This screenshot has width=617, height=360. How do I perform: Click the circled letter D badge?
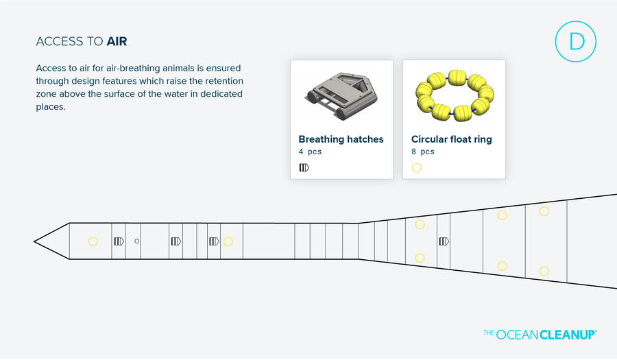575,42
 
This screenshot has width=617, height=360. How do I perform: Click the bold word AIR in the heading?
117,42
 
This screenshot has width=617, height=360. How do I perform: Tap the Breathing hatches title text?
341,139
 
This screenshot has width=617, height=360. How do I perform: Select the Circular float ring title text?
451,139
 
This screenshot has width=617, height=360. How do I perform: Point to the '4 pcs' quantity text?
310,152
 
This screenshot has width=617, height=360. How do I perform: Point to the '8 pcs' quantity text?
422,152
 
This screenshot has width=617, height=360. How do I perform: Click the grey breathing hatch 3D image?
341,95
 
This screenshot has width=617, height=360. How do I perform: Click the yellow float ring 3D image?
453,95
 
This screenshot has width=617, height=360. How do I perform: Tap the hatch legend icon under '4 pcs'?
304,167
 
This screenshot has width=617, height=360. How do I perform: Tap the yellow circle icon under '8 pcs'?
416,167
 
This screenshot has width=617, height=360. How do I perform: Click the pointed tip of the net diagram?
36,241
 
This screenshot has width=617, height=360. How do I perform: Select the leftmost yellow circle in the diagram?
93,241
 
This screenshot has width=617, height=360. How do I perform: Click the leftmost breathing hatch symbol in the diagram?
119,241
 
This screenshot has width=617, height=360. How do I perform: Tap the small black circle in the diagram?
137,241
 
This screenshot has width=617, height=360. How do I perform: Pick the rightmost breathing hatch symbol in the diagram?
444,241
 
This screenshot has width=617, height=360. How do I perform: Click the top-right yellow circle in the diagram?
544,211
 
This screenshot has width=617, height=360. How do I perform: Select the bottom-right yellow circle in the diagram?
544,271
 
